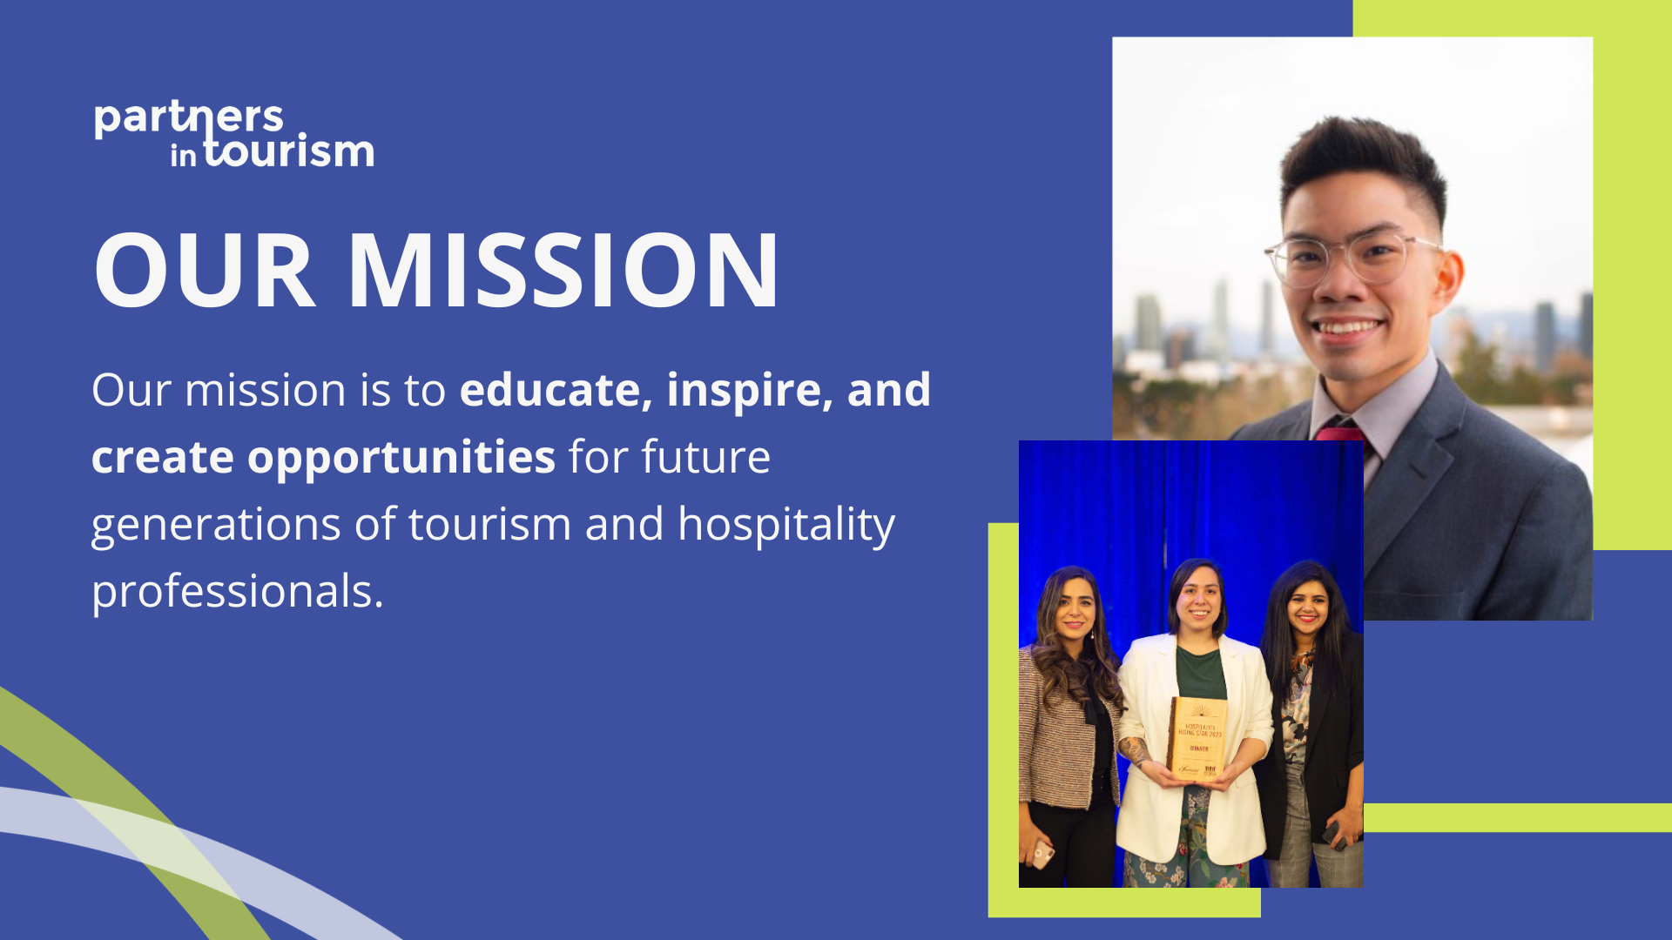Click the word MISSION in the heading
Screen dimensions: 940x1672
(563, 271)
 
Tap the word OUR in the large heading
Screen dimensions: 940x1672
(204, 271)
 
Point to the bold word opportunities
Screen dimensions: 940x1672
(401, 457)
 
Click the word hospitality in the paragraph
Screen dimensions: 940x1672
(785, 524)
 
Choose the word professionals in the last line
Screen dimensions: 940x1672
(237, 591)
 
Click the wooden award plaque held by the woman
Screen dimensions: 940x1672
(1198, 738)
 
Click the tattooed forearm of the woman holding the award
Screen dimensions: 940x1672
(1136, 749)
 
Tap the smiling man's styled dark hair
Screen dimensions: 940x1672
(1358, 161)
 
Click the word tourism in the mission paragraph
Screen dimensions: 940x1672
(489, 524)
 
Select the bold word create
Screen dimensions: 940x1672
(163, 457)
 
